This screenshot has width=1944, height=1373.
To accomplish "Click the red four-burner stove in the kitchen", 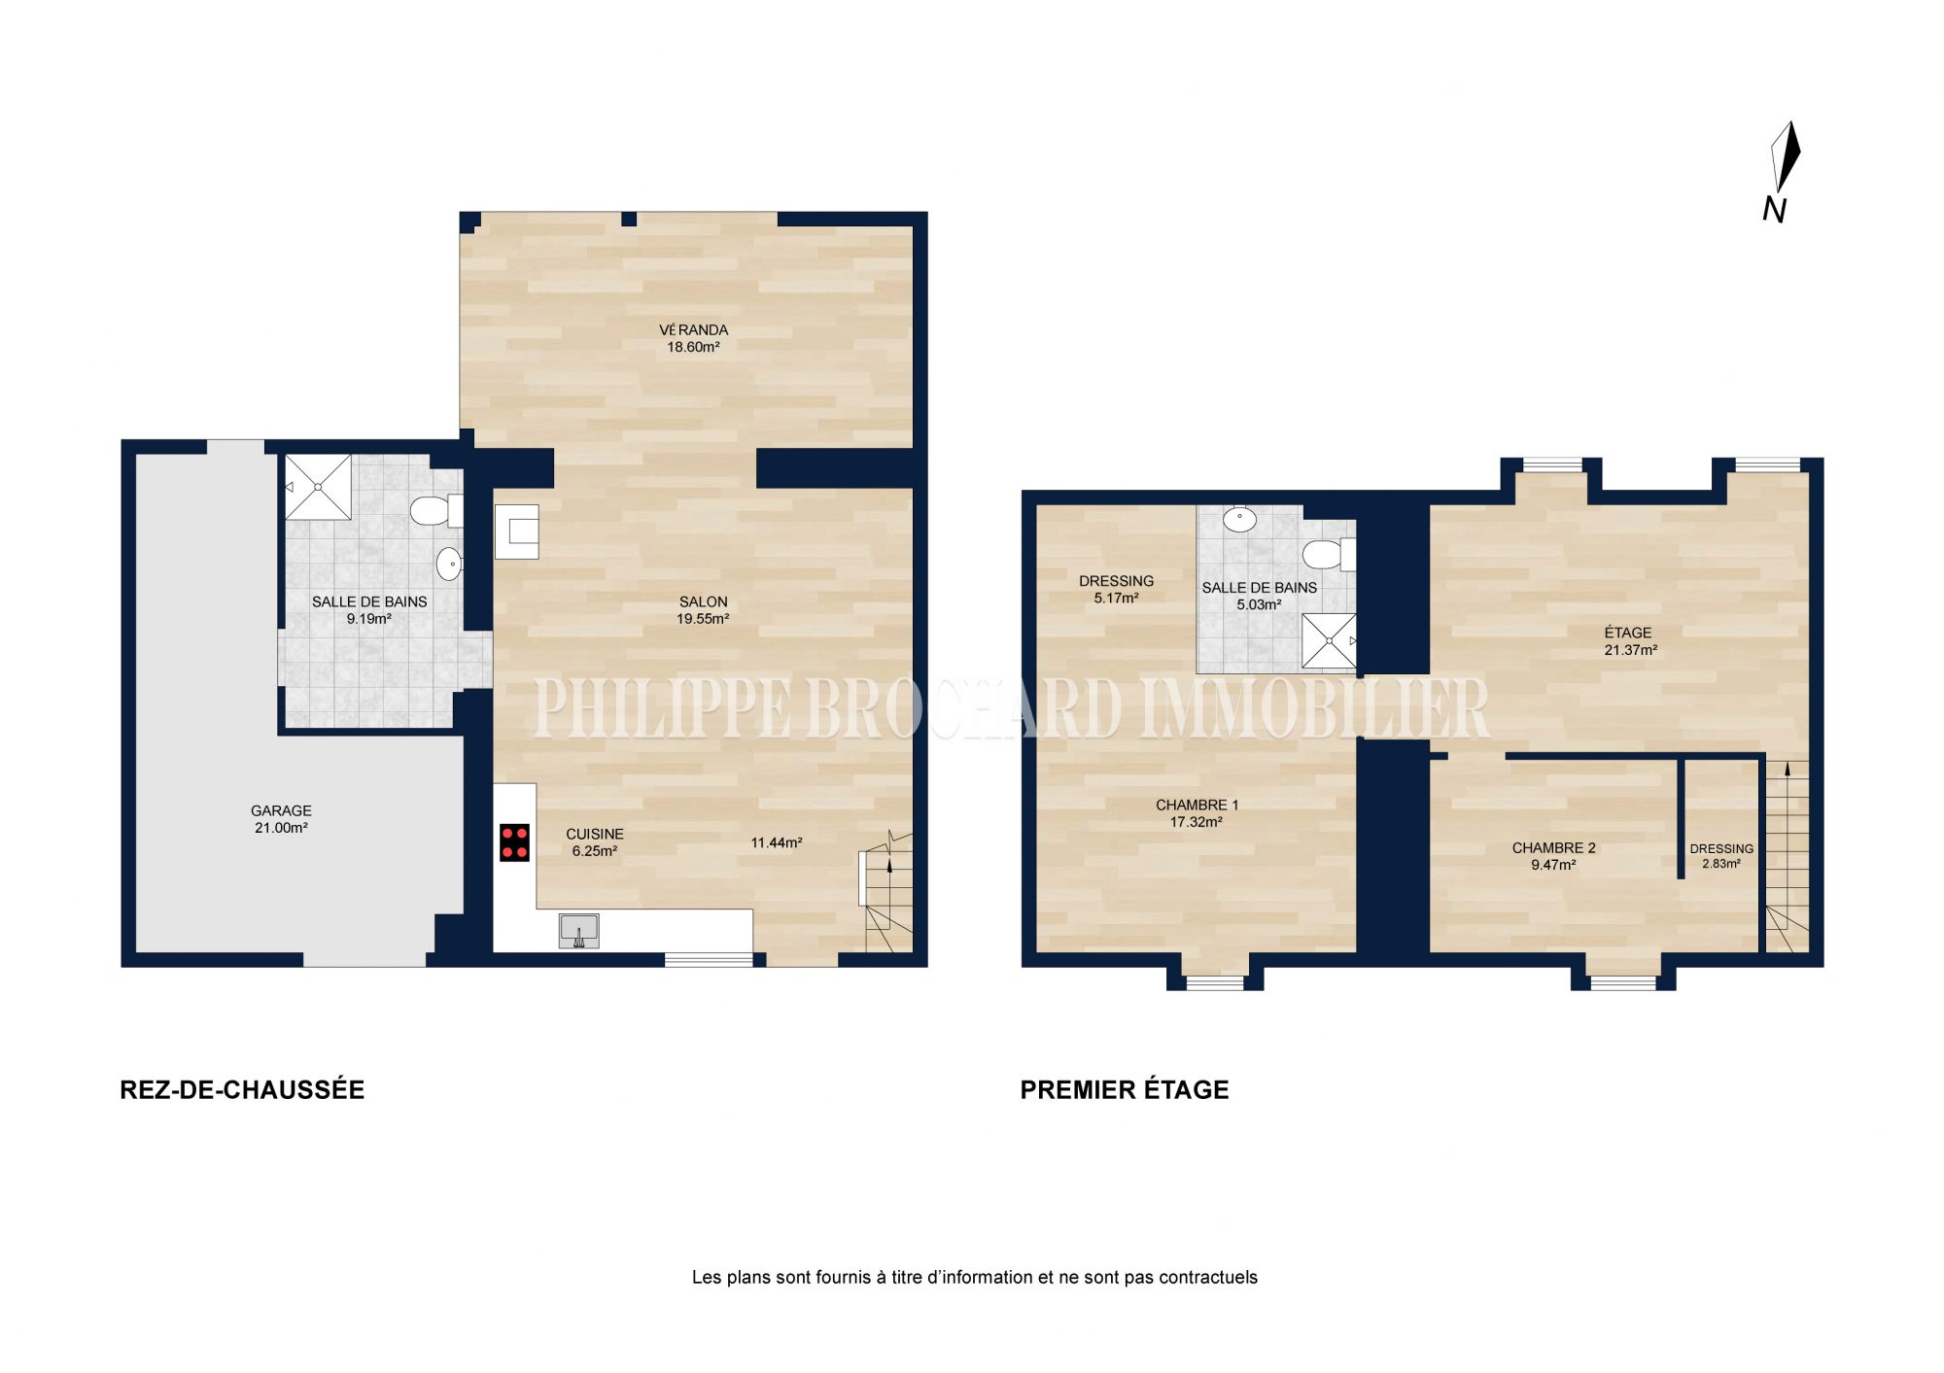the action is coord(514,842).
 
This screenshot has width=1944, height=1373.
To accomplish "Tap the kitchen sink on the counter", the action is coord(579,931).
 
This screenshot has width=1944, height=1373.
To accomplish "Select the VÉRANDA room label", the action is coord(693,329).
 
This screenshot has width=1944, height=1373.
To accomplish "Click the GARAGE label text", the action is coord(281,810).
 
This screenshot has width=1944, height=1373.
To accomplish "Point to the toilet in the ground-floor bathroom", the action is coord(436,510).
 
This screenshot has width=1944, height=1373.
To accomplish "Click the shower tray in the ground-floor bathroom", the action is coord(318,487).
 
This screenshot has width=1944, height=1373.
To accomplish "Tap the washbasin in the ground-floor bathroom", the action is coord(449,564).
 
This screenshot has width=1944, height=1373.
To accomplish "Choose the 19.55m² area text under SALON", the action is coord(703,619).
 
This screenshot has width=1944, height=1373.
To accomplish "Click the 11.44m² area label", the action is coord(777,842).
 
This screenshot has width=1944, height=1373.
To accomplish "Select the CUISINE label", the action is coord(595,834).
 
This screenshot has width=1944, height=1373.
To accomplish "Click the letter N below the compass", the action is coord(1775,210).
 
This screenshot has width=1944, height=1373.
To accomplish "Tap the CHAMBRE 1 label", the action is coord(1197,805).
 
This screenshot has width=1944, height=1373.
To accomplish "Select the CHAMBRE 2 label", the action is coord(1553,848).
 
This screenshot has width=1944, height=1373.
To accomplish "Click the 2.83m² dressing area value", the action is coord(1720,863).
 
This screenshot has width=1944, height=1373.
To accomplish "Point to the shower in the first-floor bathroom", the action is coord(1329,640).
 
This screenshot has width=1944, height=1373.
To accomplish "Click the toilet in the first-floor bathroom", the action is coord(1329,555).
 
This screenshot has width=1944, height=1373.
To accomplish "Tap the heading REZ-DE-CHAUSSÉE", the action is coord(242,1090).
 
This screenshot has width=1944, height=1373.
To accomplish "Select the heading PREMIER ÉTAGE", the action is coord(1125,1090).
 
